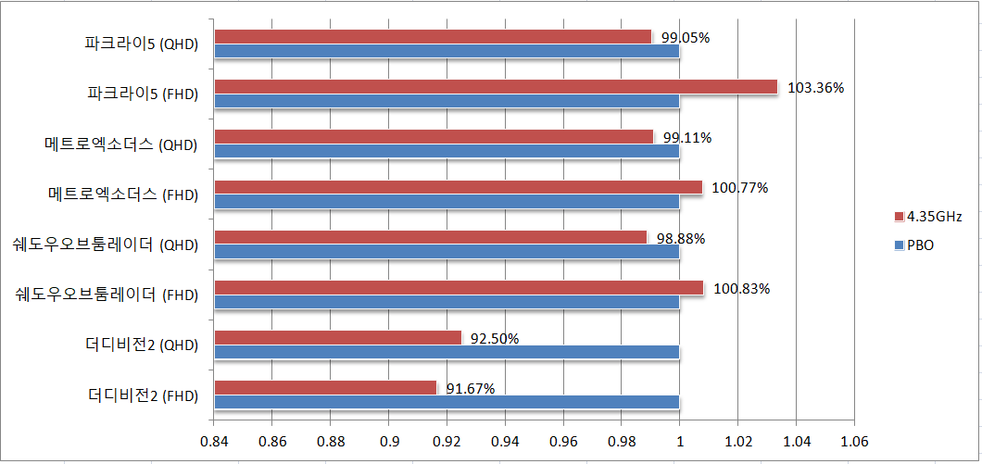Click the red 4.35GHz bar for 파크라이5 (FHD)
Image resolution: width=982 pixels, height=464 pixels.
point(496,86)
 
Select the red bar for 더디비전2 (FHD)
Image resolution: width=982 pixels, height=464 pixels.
point(325,387)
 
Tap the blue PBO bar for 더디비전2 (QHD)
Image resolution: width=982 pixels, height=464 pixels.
point(447,352)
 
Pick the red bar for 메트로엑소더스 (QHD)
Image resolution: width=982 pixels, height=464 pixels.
point(434,136)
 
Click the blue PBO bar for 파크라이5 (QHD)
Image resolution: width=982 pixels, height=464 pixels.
point(447,51)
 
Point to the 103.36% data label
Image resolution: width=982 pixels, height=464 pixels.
point(816,88)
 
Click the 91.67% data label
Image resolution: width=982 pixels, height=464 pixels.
point(471,389)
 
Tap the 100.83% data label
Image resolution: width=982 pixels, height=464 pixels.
point(742,289)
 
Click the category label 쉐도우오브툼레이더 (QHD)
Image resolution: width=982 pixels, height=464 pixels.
point(107,245)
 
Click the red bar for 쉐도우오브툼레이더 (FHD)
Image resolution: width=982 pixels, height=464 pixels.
point(459,287)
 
